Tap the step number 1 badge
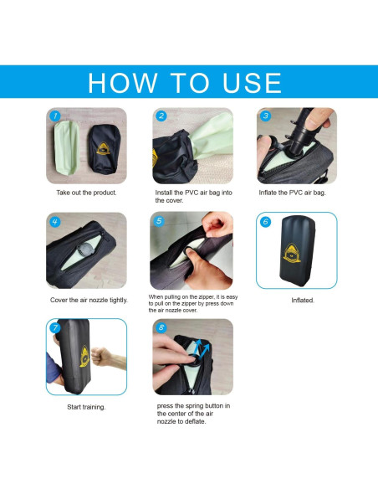[55, 116]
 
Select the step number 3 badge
[266, 116]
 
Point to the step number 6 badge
[266, 222]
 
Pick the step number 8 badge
[161, 327]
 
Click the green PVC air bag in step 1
[67, 147]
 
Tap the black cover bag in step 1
[104, 149]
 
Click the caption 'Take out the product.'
[86, 193]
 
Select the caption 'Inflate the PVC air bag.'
[293, 193]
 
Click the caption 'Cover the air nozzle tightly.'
[89, 300]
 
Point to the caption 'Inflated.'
[303, 301]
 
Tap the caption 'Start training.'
[86, 407]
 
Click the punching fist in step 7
[101, 356]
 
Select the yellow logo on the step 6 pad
[292, 253]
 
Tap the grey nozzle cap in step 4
[84, 250]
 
